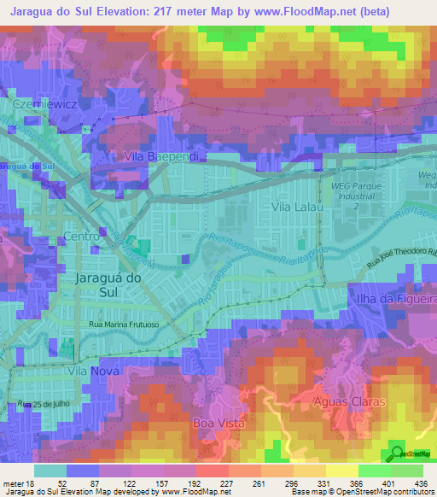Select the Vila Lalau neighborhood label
click(x=295, y=207)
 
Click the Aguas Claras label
click(x=350, y=401)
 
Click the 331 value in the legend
click(x=298, y=482)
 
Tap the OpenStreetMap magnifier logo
click(x=397, y=453)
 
